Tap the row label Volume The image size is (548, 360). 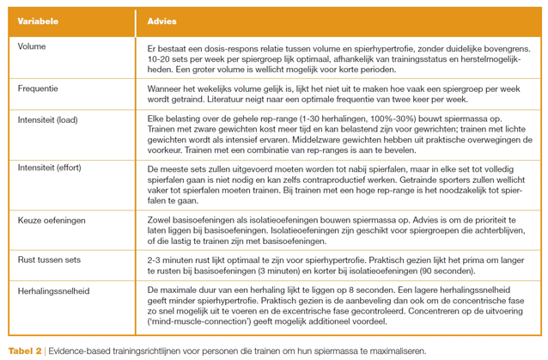33,46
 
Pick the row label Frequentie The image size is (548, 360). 40,88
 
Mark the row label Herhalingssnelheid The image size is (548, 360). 53,290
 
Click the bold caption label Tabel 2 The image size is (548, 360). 27,351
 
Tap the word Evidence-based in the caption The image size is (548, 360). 77,351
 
